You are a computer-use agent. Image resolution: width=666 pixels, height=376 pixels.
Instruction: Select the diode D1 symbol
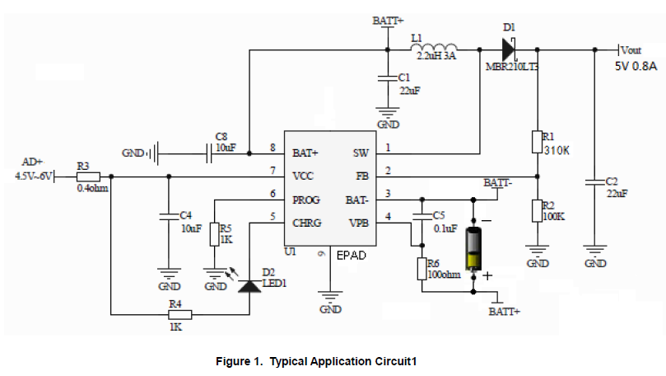click(x=506, y=49)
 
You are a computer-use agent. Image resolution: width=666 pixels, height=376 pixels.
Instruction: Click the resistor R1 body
click(x=536, y=141)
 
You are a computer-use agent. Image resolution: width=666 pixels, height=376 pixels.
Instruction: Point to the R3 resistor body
click(x=88, y=176)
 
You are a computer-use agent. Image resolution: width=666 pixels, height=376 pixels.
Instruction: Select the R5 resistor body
click(x=214, y=235)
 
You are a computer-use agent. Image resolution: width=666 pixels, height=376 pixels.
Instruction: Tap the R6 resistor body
click(x=421, y=269)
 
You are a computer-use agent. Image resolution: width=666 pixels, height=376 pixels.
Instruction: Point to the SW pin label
click(x=361, y=153)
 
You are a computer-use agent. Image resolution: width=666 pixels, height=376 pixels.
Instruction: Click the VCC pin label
click(x=304, y=176)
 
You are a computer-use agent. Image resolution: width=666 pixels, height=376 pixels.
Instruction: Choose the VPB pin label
click(x=359, y=223)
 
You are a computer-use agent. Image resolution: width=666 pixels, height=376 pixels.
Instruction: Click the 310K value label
click(x=557, y=150)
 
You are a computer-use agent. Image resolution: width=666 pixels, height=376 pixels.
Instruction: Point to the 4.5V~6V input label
click(x=34, y=176)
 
